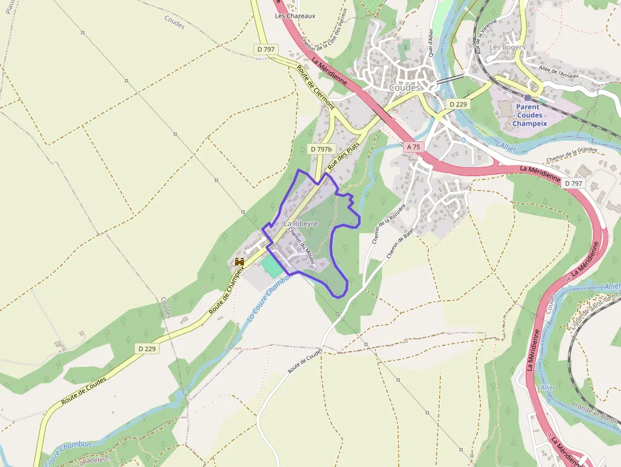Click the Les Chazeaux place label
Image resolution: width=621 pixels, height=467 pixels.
point(295,16)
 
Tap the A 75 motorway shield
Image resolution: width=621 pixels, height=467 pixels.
point(413,147)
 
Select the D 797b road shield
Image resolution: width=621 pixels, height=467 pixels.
point(321,149)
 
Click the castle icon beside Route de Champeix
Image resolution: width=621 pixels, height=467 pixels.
point(240,261)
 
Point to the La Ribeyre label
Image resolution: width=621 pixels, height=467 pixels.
point(300,224)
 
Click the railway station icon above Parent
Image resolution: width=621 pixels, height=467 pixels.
point(527,98)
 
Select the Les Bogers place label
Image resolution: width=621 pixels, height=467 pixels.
point(508,47)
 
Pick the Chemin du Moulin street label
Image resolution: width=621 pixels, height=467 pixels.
point(302,245)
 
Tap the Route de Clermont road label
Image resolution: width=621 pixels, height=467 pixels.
point(316,87)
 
